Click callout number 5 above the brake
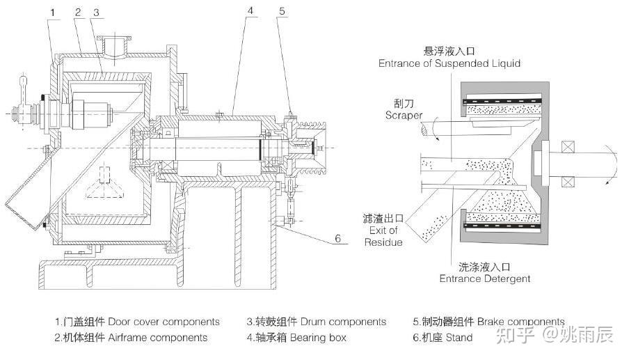coord(281,12)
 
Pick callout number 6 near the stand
coord(337,238)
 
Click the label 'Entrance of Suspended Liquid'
coord(449,63)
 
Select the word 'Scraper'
coord(403,116)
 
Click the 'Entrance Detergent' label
coord(485,279)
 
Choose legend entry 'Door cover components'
coord(137,322)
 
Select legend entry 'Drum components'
coord(316,322)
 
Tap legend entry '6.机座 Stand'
coord(443,337)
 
